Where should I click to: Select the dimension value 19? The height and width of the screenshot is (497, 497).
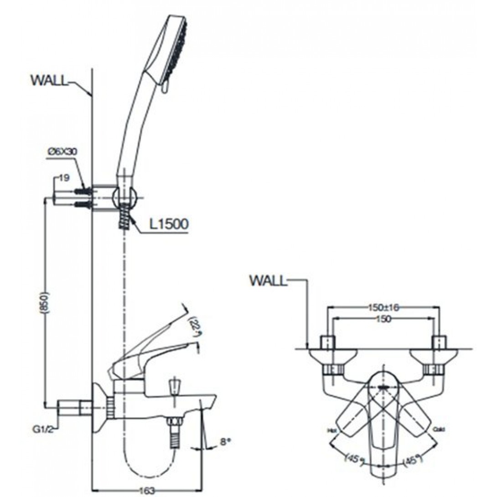click(64, 178)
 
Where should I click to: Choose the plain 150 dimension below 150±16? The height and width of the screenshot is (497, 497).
click(383, 319)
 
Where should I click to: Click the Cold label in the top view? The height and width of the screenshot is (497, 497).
click(438, 429)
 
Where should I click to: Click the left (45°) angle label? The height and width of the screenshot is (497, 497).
click(352, 457)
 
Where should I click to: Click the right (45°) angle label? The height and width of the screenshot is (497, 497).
click(417, 457)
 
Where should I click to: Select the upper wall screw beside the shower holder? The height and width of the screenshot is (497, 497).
click(83, 190)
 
